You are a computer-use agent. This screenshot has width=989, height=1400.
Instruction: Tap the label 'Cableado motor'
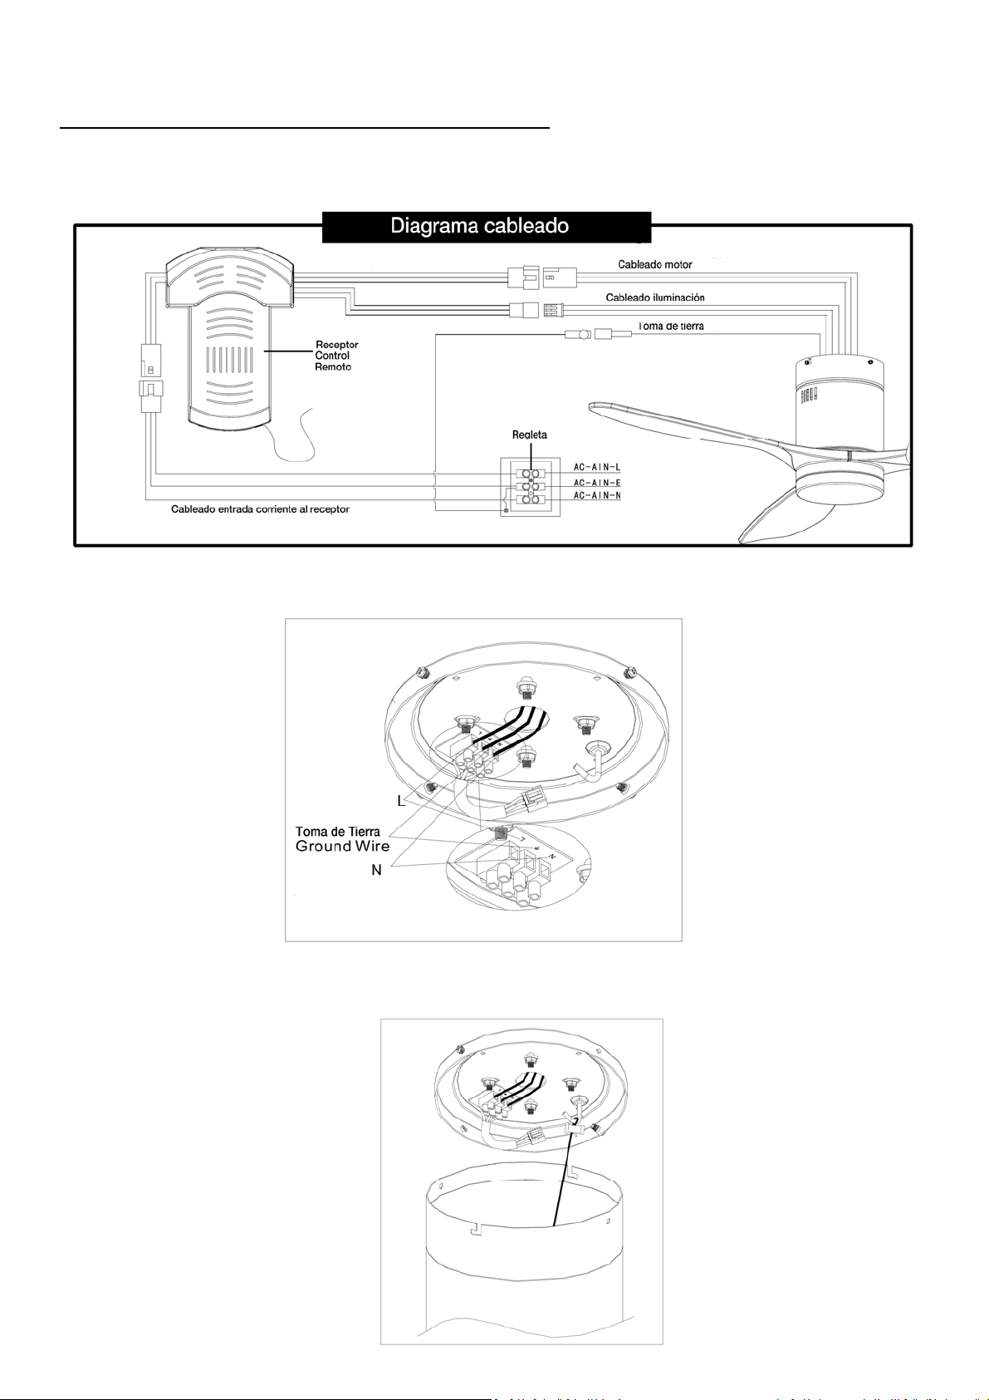pyautogui.click(x=654, y=264)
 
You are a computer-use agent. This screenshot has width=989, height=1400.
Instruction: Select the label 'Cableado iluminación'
pyautogui.click(x=654, y=297)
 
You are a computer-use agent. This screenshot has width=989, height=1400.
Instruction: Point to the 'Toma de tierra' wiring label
pyautogui.click(x=670, y=326)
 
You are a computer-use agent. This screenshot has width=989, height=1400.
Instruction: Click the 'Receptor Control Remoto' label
pyautogui.click(x=336, y=356)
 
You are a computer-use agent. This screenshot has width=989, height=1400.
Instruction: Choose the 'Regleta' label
pyautogui.click(x=529, y=435)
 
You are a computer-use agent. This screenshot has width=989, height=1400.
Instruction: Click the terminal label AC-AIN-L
pyautogui.click(x=596, y=468)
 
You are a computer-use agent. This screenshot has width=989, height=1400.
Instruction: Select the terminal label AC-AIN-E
pyautogui.click(x=596, y=483)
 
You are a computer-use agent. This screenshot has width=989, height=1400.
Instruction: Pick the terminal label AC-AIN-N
pyautogui.click(x=596, y=496)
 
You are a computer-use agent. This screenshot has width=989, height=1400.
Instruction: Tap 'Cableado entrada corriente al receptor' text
pyautogui.click(x=260, y=509)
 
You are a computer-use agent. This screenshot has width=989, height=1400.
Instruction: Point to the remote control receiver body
pyautogui.click(x=229, y=349)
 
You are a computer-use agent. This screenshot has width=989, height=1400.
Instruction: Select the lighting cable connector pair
pyautogui.click(x=536, y=310)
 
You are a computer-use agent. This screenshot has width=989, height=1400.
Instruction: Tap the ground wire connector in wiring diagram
pyautogui.click(x=598, y=334)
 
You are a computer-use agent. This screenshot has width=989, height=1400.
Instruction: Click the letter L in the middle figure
pyautogui.click(x=400, y=801)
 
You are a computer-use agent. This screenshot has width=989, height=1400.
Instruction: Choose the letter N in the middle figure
pyautogui.click(x=376, y=871)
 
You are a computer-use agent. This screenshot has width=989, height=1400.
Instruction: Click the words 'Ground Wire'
pyautogui.click(x=342, y=847)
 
